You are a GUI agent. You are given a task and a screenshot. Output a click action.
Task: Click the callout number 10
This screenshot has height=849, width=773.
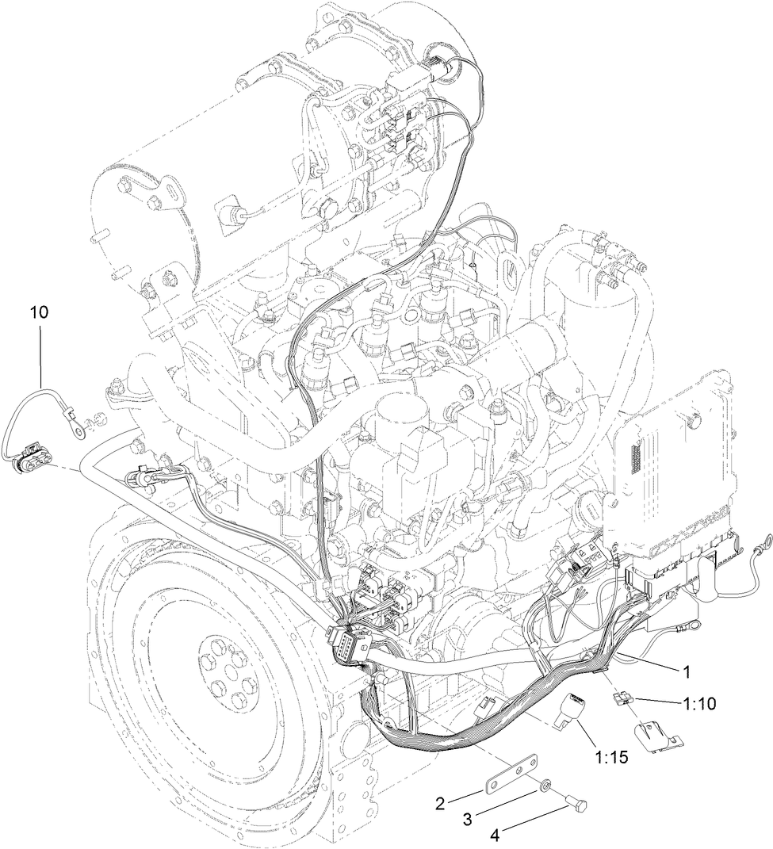40,312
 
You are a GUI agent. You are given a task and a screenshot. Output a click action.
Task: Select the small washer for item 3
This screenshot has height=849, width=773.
545,786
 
